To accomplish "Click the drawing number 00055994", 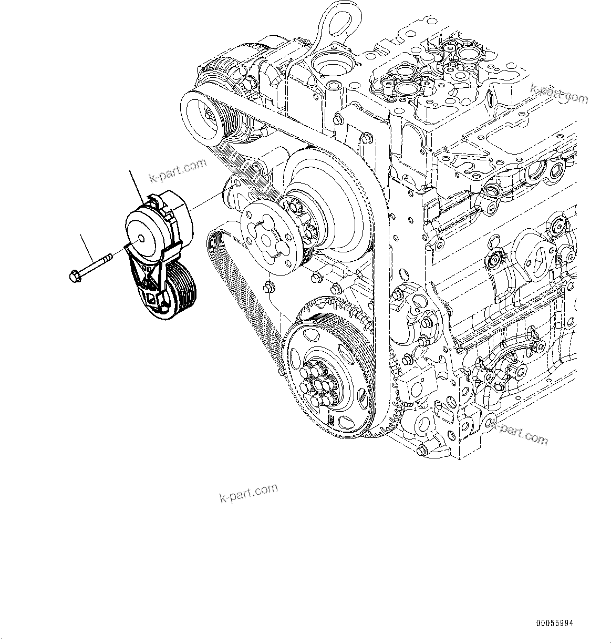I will coord(554,623).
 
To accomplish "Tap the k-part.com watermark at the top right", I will coord(559,93).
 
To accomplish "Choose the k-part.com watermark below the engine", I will coord(248,493).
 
